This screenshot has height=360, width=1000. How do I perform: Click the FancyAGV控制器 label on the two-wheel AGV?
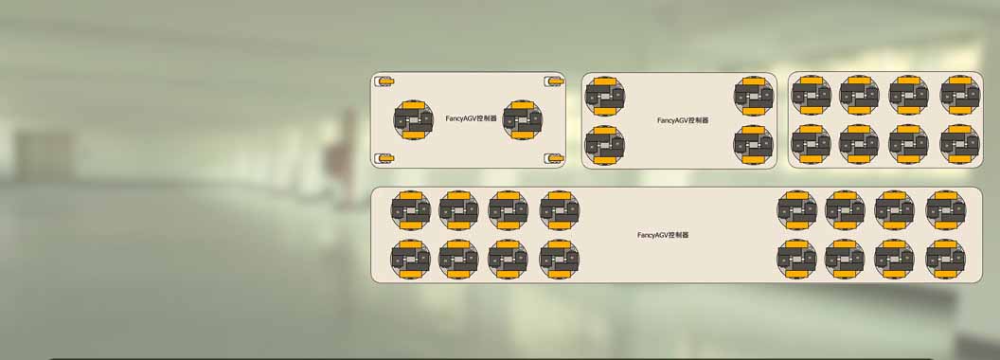click(472, 118)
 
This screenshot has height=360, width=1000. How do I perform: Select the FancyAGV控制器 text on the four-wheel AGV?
click(683, 120)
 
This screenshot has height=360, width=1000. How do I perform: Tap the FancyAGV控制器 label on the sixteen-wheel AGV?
click(663, 235)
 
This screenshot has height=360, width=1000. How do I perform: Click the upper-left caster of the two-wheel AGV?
click(385, 81)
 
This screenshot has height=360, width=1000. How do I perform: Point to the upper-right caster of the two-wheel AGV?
click(554, 81)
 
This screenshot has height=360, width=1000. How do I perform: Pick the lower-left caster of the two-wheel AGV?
click(385, 157)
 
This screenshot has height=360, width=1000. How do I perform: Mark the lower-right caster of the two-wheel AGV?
click(554, 157)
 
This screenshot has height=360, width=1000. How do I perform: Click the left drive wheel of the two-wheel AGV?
click(413, 119)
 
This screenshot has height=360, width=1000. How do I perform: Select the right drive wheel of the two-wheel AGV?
click(523, 119)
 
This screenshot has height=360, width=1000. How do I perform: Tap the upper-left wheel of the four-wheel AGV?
click(604, 96)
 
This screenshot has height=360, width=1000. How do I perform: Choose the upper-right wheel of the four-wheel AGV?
click(753, 96)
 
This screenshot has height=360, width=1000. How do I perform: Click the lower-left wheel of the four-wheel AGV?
click(604, 145)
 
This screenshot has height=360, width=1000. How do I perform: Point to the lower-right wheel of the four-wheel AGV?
click(753, 145)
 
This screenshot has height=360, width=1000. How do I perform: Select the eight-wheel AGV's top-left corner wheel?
click(811, 95)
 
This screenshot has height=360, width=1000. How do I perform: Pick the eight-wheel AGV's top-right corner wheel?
click(960, 95)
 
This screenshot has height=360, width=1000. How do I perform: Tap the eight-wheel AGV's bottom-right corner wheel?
click(960, 144)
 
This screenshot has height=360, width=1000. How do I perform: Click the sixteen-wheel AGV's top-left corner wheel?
click(411, 210)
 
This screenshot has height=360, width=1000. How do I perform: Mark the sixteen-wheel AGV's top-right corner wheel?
click(945, 210)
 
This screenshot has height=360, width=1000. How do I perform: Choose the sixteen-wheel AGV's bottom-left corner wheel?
click(411, 260)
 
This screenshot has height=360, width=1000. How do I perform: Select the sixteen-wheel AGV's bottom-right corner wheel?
click(945, 260)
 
